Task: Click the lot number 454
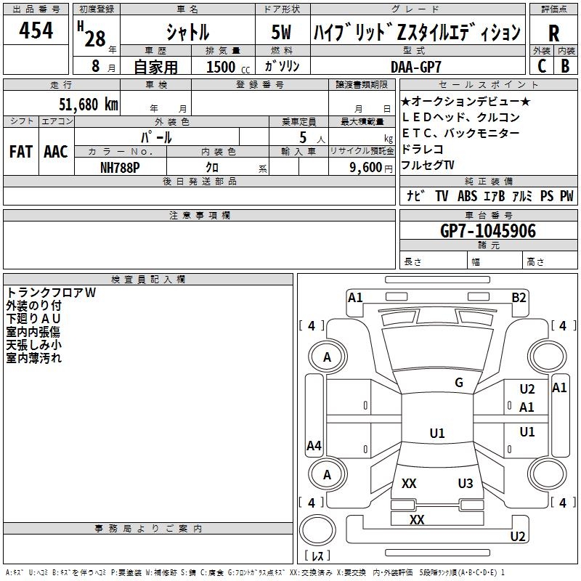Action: click(36, 31)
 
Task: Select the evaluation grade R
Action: click(553, 33)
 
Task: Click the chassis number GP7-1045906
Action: click(488, 231)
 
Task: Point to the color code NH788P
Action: click(121, 166)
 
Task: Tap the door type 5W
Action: click(283, 33)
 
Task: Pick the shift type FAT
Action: click(21, 152)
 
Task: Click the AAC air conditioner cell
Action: click(55, 152)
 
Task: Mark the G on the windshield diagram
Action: click(459, 383)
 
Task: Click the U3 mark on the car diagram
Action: click(466, 484)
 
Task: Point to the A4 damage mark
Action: click(314, 446)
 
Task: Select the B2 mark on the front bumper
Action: click(519, 297)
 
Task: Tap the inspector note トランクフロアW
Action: click(50, 293)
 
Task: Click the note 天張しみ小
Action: click(33, 345)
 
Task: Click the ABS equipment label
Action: click(467, 196)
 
